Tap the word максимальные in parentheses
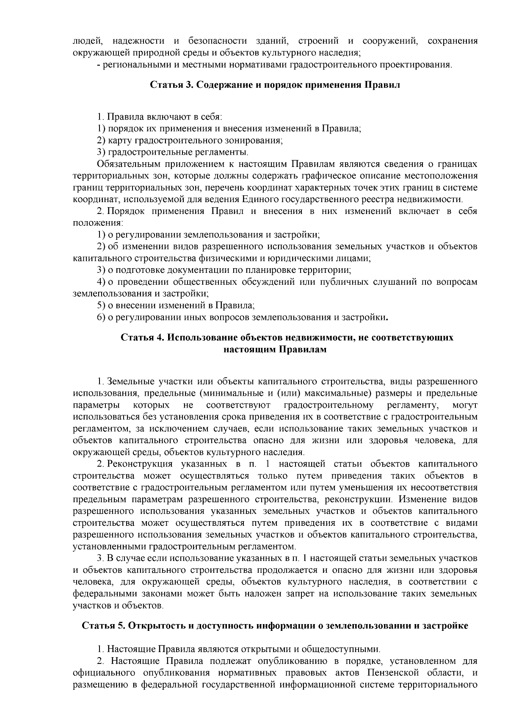tap(320, 393)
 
